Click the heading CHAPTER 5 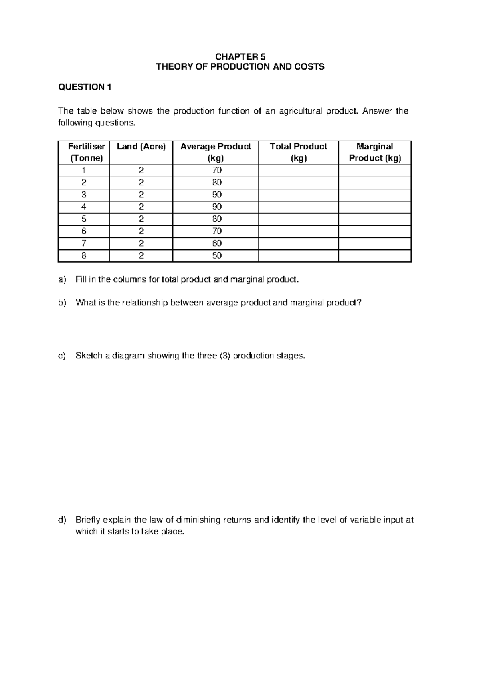[x=240, y=56]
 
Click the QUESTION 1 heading [x=85, y=87]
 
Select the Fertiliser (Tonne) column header [x=87, y=152]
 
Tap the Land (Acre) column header [x=141, y=147]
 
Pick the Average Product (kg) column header [x=216, y=152]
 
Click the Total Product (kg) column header [x=299, y=152]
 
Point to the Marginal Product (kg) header [x=375, y=152]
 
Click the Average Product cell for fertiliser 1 [x=217, y=170]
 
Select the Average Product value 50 [x=217, y=255]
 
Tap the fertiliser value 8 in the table [x=84, y=255]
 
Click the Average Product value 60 [x=217, y=243]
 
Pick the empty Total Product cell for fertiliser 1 [x=298, y=171]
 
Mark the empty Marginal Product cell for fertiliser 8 [x=375, y=256]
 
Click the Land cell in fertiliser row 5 [x=141, y=219]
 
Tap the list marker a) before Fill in [x=62, y=280]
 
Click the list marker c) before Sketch [x=62, y=356]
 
